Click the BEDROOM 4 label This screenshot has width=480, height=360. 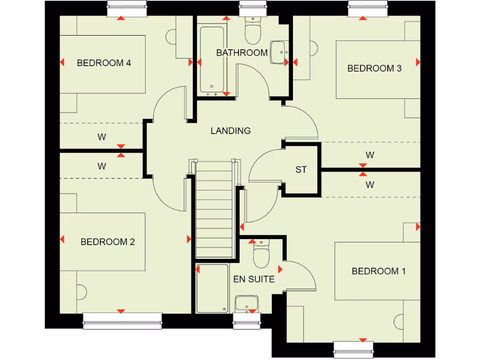[104, 63]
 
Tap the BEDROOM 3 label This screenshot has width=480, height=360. [374, 68]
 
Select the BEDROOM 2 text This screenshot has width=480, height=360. [107, 242]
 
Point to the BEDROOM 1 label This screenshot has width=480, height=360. [378, 271]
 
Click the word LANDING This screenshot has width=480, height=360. [230, 131]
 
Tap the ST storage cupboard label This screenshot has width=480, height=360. [301, 170]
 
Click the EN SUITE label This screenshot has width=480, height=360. [254, 279]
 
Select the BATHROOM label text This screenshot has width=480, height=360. [241, 53]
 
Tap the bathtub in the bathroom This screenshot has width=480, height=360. [212, 60]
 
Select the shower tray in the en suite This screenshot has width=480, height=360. [212, 288]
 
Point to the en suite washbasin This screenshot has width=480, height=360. [247, 303]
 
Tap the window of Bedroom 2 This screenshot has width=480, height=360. [122, 318]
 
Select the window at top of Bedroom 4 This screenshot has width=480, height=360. [121, 8]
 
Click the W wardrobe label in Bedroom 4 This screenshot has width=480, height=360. [102, 137]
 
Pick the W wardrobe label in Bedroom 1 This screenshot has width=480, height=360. [370, 185]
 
